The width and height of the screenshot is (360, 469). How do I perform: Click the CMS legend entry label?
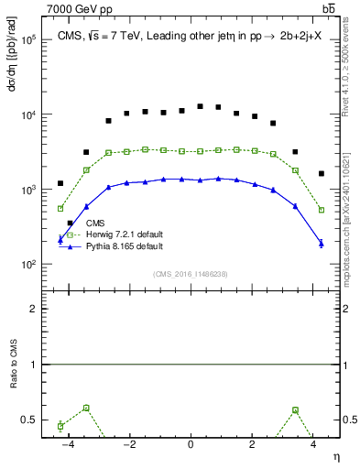[x=95, y=223]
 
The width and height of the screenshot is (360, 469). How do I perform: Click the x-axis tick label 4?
[x=313, y=444]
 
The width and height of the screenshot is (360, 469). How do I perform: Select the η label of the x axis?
[x=336, y=456]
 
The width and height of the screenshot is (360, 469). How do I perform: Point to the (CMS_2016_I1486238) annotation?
[x=190, y=274]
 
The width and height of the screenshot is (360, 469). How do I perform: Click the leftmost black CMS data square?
[x=60, y=183]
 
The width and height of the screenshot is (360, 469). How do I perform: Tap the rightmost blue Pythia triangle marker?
[x=321, y=243]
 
